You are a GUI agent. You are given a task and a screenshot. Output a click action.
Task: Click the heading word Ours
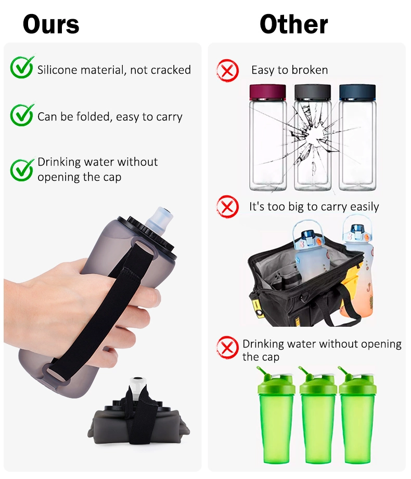coord(51,24)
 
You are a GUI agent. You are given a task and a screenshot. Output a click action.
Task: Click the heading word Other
coord(294,24)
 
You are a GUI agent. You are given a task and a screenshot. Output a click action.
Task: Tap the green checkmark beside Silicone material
coord(22,68)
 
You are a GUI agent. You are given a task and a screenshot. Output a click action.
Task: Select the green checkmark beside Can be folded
coord(22,115)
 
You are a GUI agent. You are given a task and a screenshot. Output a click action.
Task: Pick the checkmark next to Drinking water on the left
coord(22,169)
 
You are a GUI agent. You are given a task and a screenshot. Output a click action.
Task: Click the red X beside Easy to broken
coord(227,70)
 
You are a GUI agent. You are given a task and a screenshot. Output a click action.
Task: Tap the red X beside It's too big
coord(227,207)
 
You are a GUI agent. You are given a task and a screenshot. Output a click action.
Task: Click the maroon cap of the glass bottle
coord(268,92)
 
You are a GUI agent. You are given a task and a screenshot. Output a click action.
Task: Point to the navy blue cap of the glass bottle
coord(357,92)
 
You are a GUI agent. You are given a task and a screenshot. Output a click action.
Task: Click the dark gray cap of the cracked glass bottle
coord(312,92)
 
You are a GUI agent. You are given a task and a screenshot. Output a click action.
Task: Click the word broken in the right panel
coord(310,70)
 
